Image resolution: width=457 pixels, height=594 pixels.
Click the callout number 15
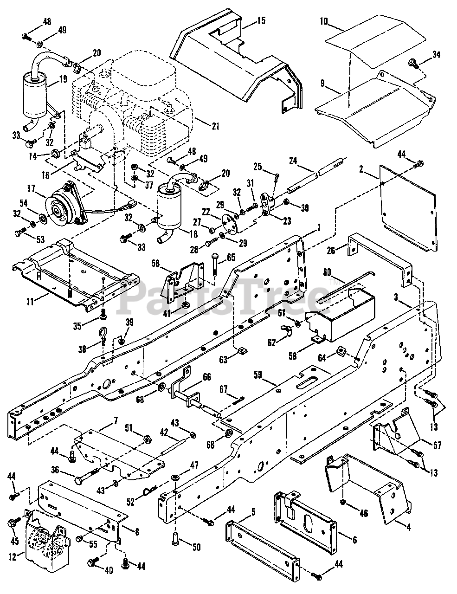pyautogui.click(x=261, y=20)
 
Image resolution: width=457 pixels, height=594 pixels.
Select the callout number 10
pyautogui.click(x=324, y=21)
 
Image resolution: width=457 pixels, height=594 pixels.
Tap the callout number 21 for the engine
pyautogui.click(x=215, y=126)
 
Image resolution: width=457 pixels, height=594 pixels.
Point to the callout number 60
pyautogui.click(x=327, y=272)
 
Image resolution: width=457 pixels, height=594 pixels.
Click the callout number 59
pyautogui.click(x=258, y=375)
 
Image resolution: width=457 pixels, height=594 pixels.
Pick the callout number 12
pyautogui.click(x=12, y=556)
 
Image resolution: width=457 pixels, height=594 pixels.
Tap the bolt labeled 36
pyautogui.click(x=87, y=474)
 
